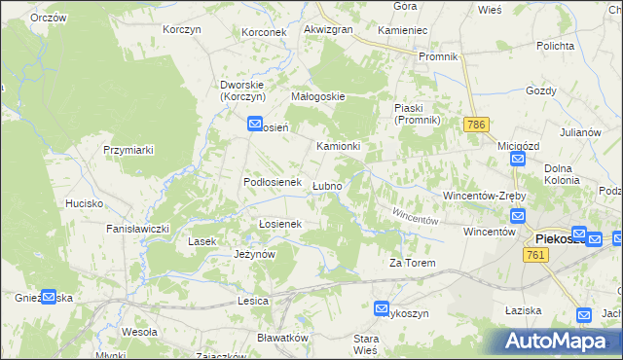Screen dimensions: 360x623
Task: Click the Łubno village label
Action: pos(326,186)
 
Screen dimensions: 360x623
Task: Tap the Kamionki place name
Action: pos(339,146)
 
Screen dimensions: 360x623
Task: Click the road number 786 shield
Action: pos(476,126)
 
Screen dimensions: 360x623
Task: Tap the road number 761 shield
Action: pos(532,254)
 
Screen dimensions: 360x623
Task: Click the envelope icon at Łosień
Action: pos(255,125)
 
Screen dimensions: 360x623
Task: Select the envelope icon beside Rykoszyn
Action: pos(383,307)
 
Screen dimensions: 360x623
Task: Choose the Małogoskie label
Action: pos(318,97)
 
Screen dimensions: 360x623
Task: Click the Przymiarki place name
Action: pos(129,150)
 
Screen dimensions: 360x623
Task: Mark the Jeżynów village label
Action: pos(256,254)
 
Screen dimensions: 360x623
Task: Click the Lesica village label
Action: pos(252,302)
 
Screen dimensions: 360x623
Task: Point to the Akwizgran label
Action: pos(328,30)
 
